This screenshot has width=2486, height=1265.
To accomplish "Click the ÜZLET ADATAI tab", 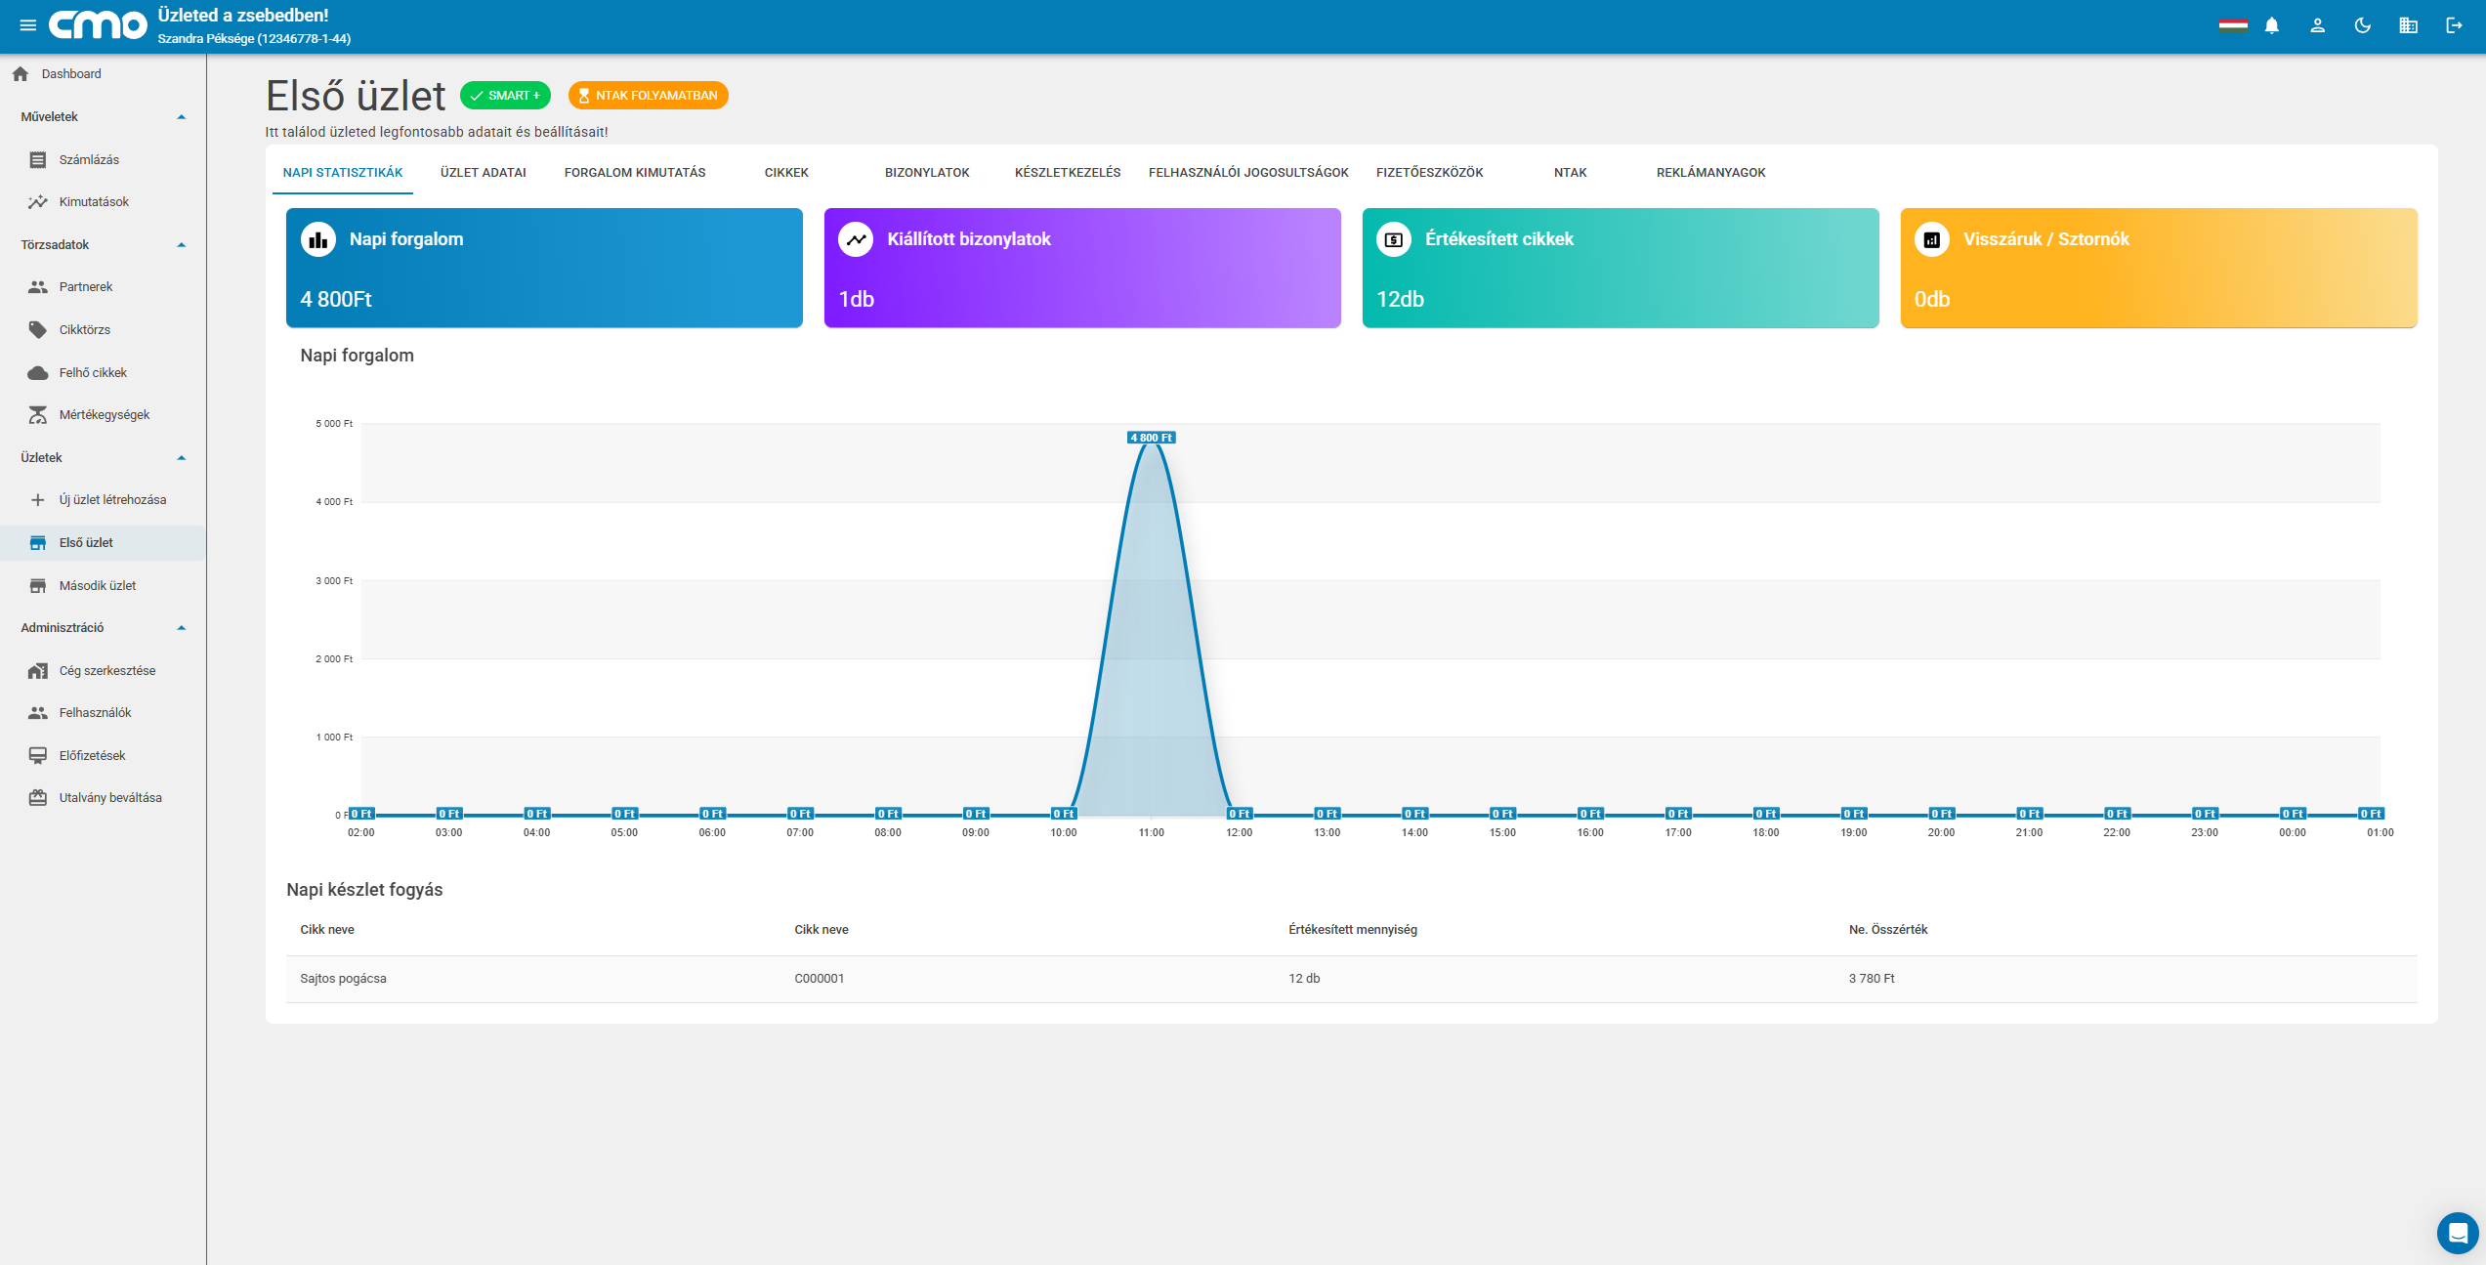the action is (483, 173).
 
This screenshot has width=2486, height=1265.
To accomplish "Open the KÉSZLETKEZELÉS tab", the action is (1068, 173).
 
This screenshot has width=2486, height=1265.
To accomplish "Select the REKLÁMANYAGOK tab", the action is (1710, 173).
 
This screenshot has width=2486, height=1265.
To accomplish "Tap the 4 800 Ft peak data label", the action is (1152, 438).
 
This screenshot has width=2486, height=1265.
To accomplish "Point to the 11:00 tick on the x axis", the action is (1152, 832).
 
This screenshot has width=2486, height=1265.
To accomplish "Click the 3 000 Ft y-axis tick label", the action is (334, 580).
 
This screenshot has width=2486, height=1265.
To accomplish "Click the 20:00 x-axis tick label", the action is (1941, 832).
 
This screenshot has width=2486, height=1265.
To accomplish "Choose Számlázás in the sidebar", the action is (89, 159).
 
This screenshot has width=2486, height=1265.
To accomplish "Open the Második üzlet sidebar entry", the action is (98, 585).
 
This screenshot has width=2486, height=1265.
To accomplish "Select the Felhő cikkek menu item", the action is (93, 372).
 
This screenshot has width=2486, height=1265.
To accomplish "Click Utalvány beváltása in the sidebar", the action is (110, 797).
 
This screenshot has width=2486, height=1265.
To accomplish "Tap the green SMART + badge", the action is (505, 96).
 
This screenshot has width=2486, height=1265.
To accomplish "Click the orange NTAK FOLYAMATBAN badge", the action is (649, 96).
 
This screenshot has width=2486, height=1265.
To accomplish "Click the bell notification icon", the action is (2272, 26).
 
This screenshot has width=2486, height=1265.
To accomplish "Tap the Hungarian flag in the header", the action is (2233, 25).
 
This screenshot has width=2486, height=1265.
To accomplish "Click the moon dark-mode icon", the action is (2363, 26).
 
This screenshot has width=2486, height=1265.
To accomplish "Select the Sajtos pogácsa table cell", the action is (343, 979).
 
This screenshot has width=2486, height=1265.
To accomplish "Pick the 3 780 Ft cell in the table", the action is (1871, 979).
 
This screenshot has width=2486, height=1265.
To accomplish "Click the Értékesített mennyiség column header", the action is (1352, 930).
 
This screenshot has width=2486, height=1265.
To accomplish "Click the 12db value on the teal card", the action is (1400, 299).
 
